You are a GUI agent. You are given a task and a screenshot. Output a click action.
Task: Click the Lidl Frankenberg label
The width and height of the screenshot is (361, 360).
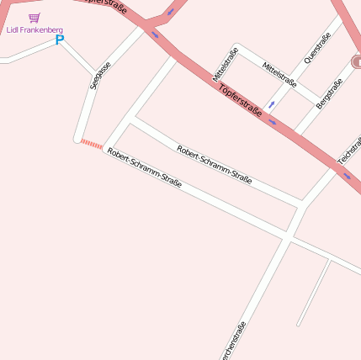[35, 30]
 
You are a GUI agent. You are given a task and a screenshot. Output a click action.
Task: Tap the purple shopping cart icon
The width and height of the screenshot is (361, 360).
[34, 18]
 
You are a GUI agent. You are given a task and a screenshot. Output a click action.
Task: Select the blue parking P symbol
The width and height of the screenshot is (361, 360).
[60, 40]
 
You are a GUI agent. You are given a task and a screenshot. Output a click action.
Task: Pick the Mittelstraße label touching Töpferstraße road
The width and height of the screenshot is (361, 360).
[226, 64]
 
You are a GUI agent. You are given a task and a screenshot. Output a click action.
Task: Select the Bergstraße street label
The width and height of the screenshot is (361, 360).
[329, 93]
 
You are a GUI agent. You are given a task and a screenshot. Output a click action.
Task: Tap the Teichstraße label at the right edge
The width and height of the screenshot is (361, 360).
[349, 150]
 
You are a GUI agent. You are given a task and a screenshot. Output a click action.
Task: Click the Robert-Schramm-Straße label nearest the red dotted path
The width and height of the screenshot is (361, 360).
[144, 167]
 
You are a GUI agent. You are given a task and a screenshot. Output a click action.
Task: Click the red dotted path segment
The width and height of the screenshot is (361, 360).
[91, 145]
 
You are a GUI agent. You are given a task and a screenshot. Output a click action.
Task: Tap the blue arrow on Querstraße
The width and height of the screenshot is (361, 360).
[271, 105]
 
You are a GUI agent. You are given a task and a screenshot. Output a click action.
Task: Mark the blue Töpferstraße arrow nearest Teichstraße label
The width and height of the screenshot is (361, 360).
[347, 176]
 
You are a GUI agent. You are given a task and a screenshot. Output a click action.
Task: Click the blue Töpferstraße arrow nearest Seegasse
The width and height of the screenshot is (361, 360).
[155, 35]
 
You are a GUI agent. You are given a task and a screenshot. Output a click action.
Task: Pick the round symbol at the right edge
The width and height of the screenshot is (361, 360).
[357, 61]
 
